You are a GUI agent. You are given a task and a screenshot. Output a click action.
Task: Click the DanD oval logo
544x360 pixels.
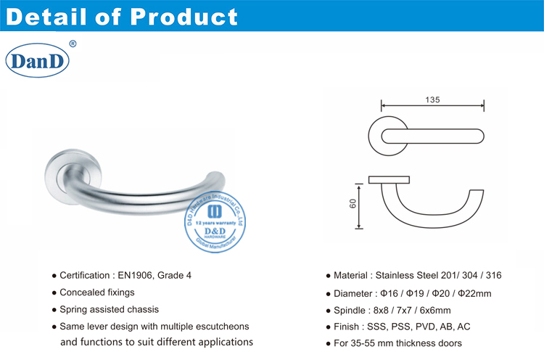point(37,62)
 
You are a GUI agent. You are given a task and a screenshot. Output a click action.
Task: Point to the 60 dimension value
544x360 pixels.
point(352,205)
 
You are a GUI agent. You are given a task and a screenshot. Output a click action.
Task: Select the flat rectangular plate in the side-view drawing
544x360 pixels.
point(389,179)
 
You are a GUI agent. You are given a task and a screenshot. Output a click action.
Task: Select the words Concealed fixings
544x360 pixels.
point(97,292)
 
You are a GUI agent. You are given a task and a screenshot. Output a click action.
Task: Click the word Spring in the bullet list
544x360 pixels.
point(74,309)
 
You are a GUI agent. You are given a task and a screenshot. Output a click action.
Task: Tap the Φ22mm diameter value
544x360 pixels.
point(475,293)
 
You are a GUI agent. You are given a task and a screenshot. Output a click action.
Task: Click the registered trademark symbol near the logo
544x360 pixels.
point(72,44)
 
